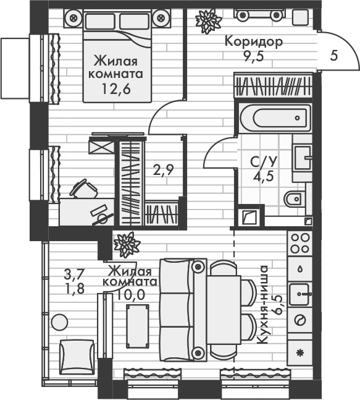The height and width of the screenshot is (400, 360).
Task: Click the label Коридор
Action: (x=254, y=42)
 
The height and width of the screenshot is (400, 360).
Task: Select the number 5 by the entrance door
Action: (x=334, y=56)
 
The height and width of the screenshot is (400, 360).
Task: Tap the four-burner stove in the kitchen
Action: (x=300, y=242)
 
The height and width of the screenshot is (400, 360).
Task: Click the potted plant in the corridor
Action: (x=207, y=21)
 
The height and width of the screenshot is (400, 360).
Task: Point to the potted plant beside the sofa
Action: (x=127, y=244)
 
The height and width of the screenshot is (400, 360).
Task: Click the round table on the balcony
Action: (x=59, y=322)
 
